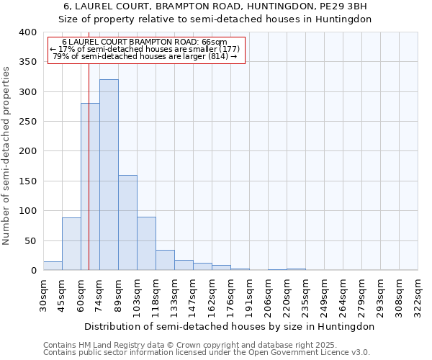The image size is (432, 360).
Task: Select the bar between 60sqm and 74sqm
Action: pyautogui.click(x=90, y=187)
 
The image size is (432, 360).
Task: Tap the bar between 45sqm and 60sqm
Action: pyautogui.click(x=71, y=244)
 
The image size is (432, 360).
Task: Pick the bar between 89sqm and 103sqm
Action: pyautogui.click(x=127, y=223)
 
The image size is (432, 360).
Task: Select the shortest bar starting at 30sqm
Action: pyautogui.click(x=53, y=266)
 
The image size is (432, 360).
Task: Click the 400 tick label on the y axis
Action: pyautogui.click(x=28, y=32)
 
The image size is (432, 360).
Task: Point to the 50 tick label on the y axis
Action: pyautogui.click(x=31, y=240)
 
